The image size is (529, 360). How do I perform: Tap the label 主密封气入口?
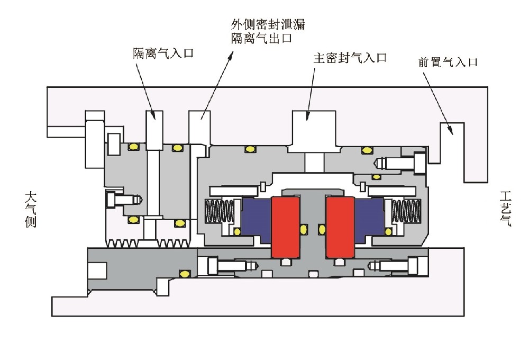pyautogui.click(x=350, y=58)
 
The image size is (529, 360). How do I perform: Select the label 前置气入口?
pyautogui.click(x=448, y=62)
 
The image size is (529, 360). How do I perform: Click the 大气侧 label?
pyautogui.click(x=30, y=210)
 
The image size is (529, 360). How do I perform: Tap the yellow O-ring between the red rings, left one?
pyautogui.click(x=304, y=229)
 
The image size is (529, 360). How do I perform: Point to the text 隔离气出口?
pyautogui.click(x=261, y=39)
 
